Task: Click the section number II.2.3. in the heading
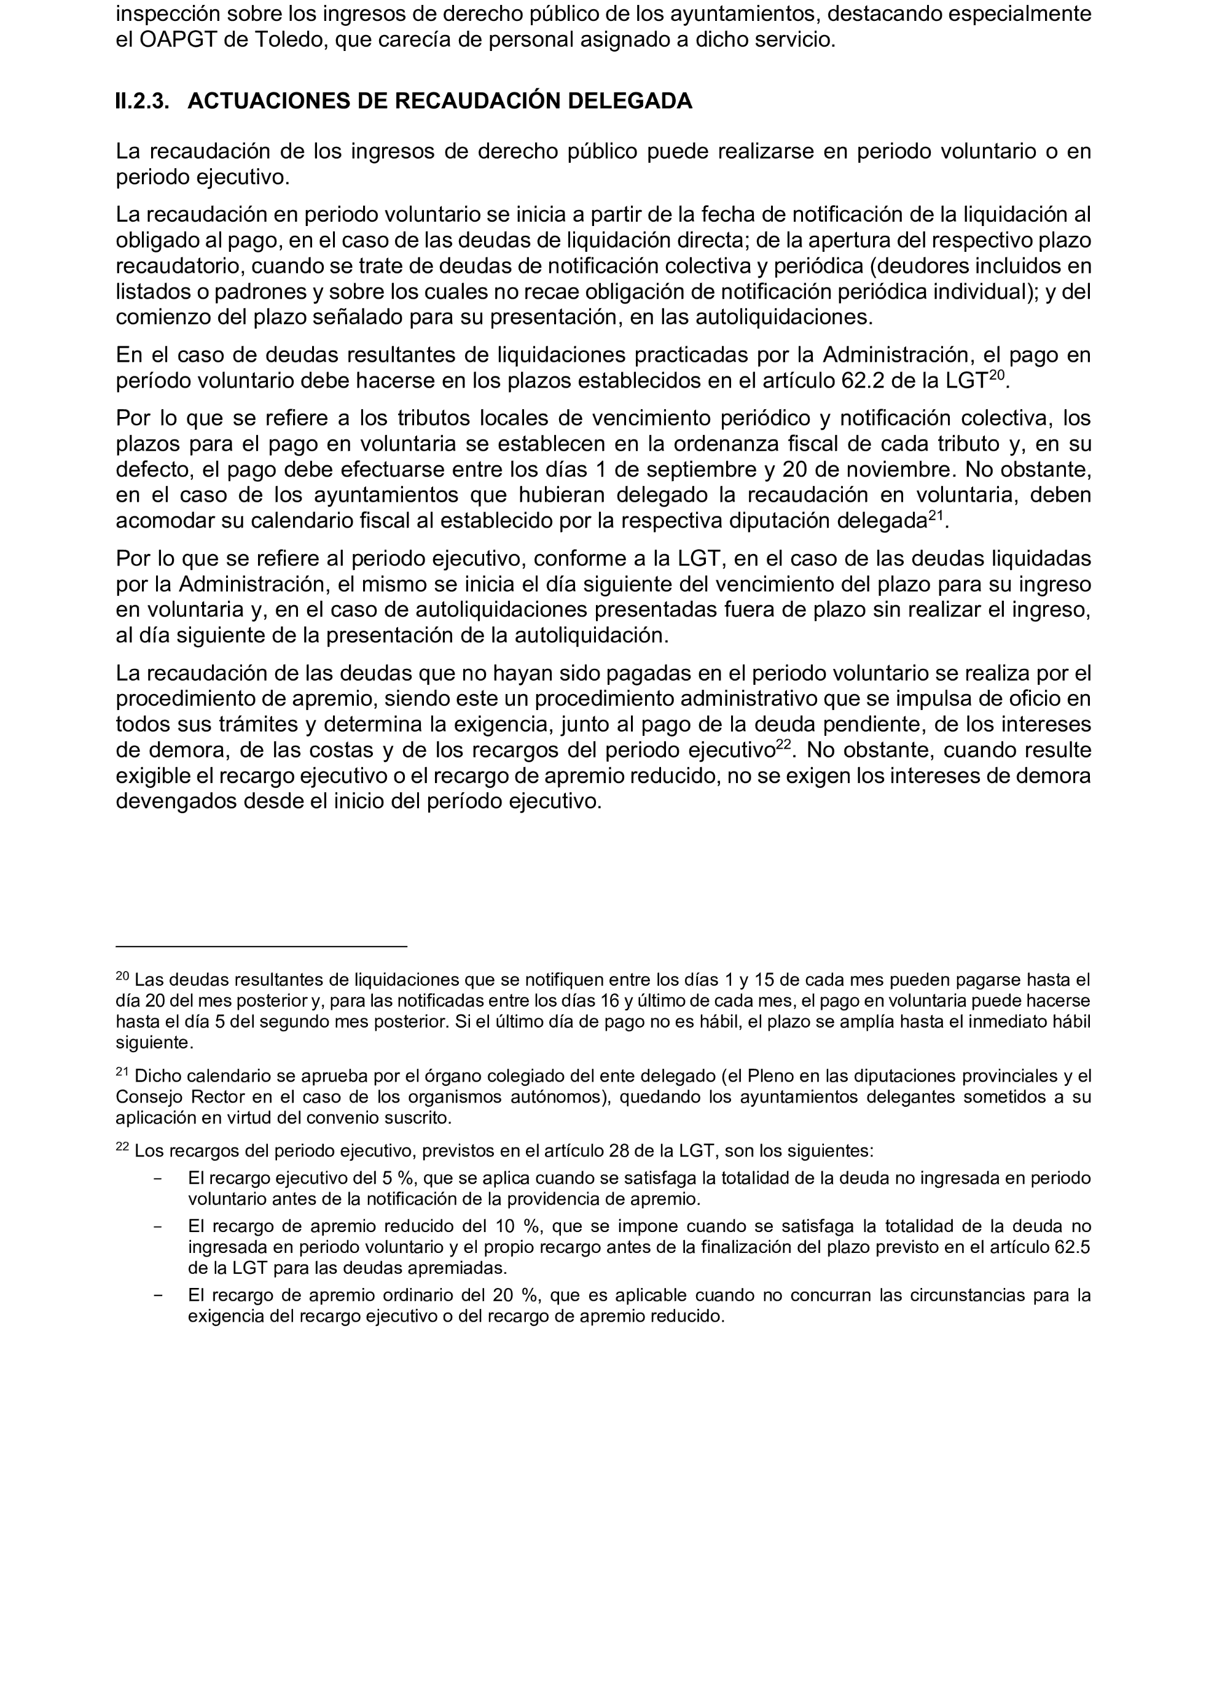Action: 142,101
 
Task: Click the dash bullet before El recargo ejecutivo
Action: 157,1178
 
